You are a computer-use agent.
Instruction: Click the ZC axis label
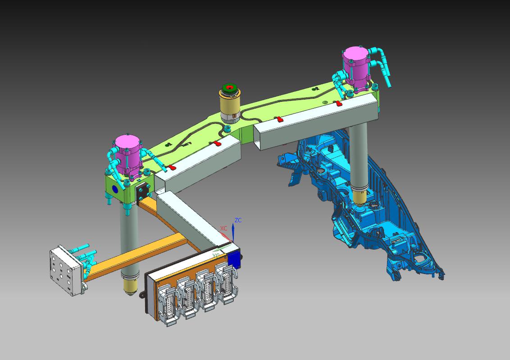(238, 220)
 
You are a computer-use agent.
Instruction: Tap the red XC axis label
(224, 228)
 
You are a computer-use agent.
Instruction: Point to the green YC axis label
(216, 256)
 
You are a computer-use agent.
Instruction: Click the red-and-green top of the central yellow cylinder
(231, 88)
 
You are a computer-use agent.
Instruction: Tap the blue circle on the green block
(115, 189)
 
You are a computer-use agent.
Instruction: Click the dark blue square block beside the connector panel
(234, 260)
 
